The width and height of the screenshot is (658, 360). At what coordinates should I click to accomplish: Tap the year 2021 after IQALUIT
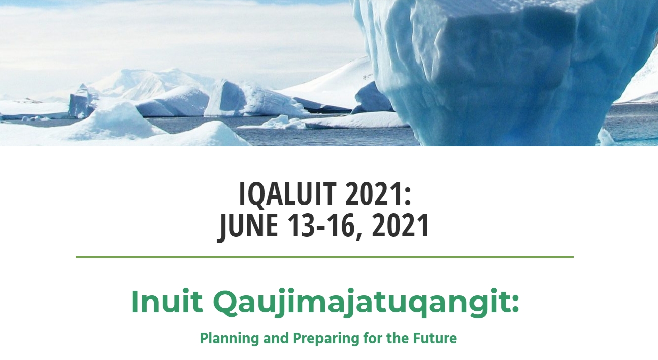[x=374, y=194]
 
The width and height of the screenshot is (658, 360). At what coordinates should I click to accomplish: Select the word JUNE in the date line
[x=247, y=226]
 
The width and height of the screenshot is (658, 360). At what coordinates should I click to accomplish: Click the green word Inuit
[x=167, y=302]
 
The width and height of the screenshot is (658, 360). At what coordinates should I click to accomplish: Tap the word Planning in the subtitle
[x=230, y=339]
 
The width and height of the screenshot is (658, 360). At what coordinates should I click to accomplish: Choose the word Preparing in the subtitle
[x=326, y=339]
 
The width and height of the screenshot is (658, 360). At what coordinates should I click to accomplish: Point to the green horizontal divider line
[x=324, y=257]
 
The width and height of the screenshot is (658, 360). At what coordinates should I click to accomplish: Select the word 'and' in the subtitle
[x=276, y=338]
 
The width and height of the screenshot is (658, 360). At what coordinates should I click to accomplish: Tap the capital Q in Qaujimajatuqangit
[x=226, y=303]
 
